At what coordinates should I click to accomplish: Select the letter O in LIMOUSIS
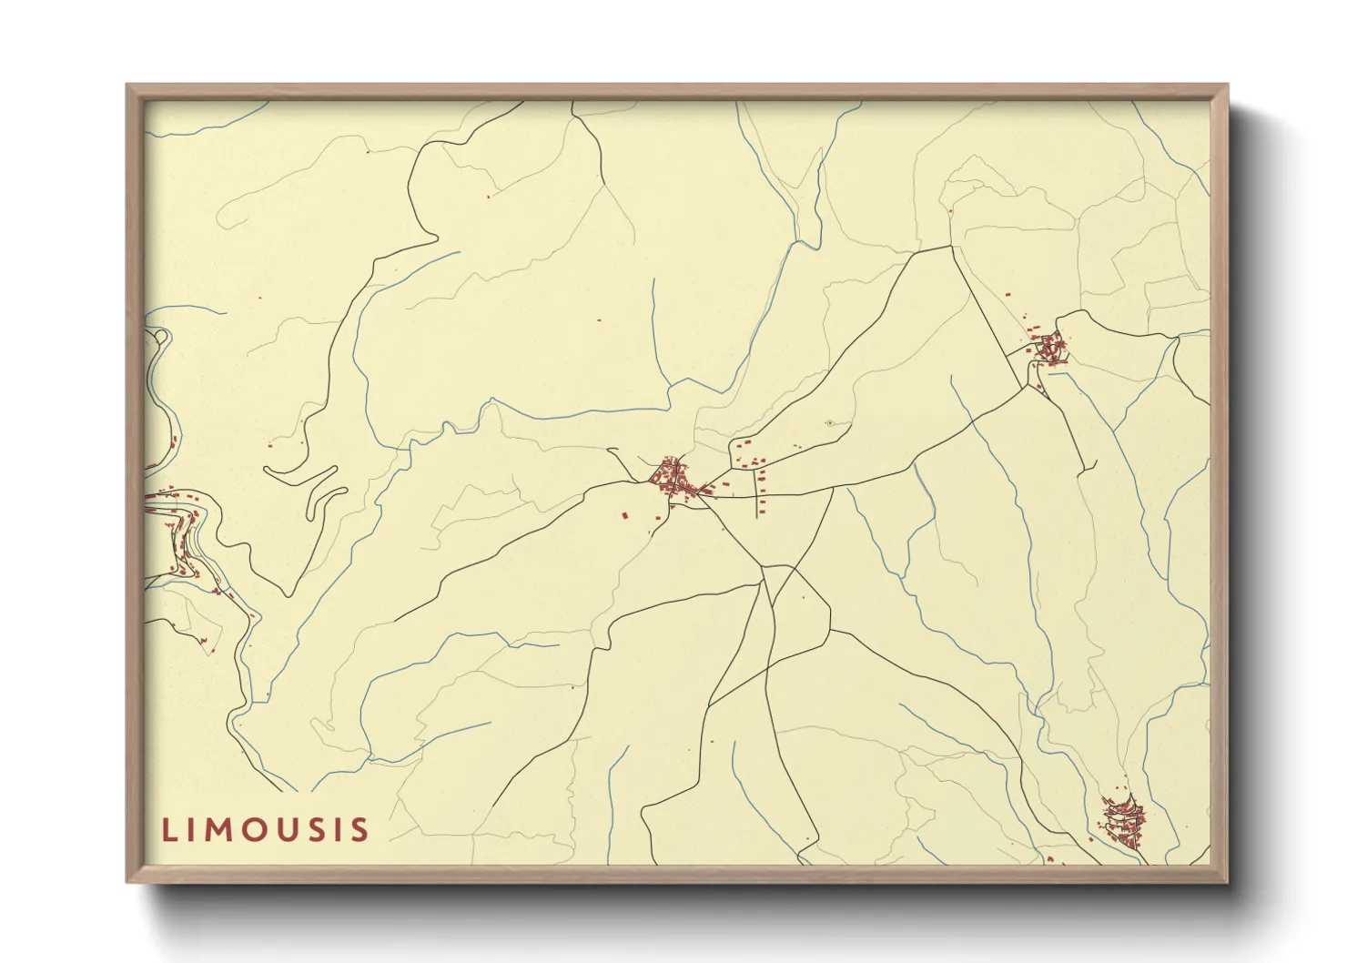[257, 830]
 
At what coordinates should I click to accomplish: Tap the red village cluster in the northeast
[1049, 348]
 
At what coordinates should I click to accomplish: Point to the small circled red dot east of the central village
[829, 423]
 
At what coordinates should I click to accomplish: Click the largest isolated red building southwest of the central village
[624, 516]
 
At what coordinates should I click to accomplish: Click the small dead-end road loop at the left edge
[161, 338]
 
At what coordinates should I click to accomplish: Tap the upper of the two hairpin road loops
[300, 473]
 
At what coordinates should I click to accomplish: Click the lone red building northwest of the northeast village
[1008, 295]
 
